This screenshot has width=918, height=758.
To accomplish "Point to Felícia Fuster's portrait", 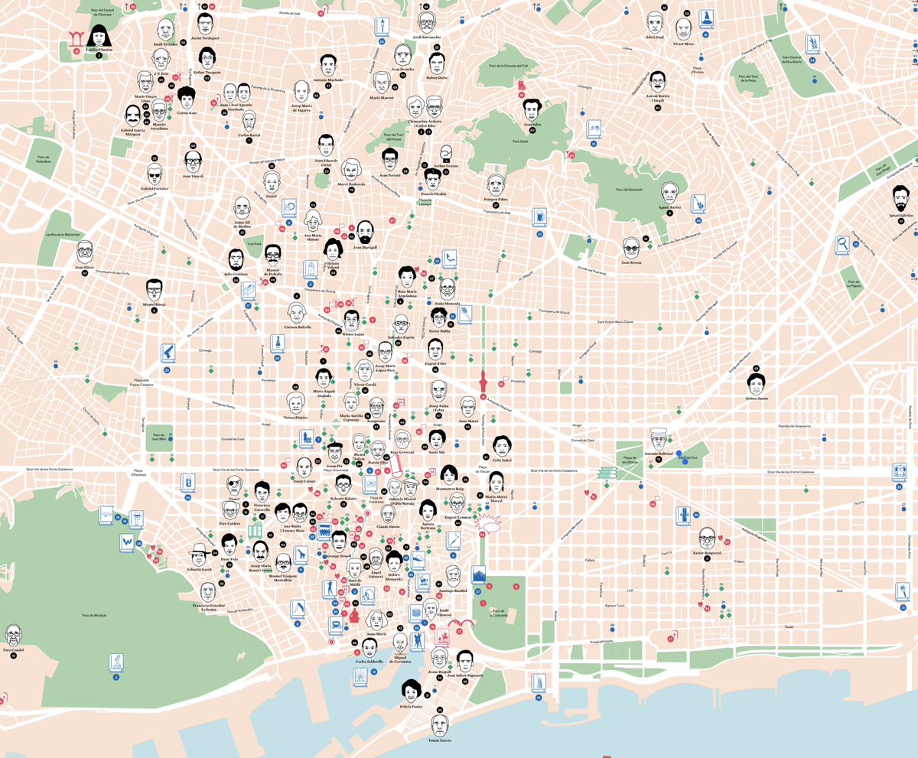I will (412, 691).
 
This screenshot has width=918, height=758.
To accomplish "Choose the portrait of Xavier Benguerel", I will (706, 538).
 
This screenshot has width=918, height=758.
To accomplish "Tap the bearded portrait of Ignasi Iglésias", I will (900, 199).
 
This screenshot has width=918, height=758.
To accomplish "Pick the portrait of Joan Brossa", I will (630, 247).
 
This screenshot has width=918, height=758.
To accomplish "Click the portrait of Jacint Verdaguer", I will (204, 23).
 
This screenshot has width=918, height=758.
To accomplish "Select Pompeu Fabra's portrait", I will (496, 185).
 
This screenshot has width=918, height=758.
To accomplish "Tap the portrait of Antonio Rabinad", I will (656, 439).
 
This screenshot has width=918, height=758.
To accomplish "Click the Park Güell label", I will (521, 142).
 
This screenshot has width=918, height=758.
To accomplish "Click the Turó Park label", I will (254, 243).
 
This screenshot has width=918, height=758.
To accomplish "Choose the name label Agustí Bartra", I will (669, 207).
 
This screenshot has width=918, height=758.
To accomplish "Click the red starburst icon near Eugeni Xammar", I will (487, 525).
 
